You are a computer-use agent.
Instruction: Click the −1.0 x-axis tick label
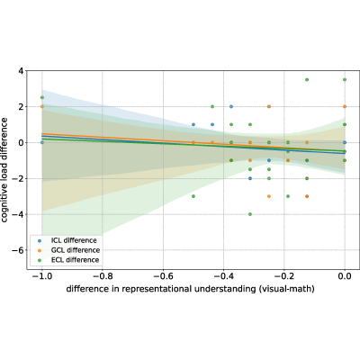[x=41, y=276]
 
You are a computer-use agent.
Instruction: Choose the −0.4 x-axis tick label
[x=223, y=276]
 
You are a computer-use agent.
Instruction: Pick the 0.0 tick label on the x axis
[x=345, y=276]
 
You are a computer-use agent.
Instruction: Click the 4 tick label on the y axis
[x=21, y=71]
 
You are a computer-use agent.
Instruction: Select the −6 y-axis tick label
[x=17, y=250]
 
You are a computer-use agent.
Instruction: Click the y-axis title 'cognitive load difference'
[x=4, y=170]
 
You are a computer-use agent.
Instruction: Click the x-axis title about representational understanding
[x=190, y=289]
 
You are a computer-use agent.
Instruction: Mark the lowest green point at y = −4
[x=250, y=214]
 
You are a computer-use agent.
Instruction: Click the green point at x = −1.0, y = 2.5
[x=42, y=97]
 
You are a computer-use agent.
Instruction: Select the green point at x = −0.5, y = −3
[x=193, y=196]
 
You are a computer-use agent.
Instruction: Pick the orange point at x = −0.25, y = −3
[x=269, y=196]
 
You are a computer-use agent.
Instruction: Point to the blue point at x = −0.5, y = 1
[x=193, y=124]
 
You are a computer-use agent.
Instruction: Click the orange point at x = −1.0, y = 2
[x=42, y=106]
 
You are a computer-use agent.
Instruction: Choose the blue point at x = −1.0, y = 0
[x=42, y=142]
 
